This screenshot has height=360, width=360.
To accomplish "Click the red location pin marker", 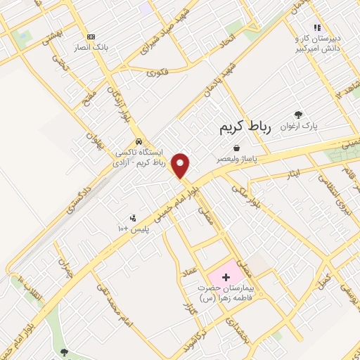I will coord(181,165).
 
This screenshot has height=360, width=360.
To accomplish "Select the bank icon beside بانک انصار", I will coord(90,37).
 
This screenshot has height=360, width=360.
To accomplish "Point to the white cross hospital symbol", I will coord(226,278).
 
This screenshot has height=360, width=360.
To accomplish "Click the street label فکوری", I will coord(160,72).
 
